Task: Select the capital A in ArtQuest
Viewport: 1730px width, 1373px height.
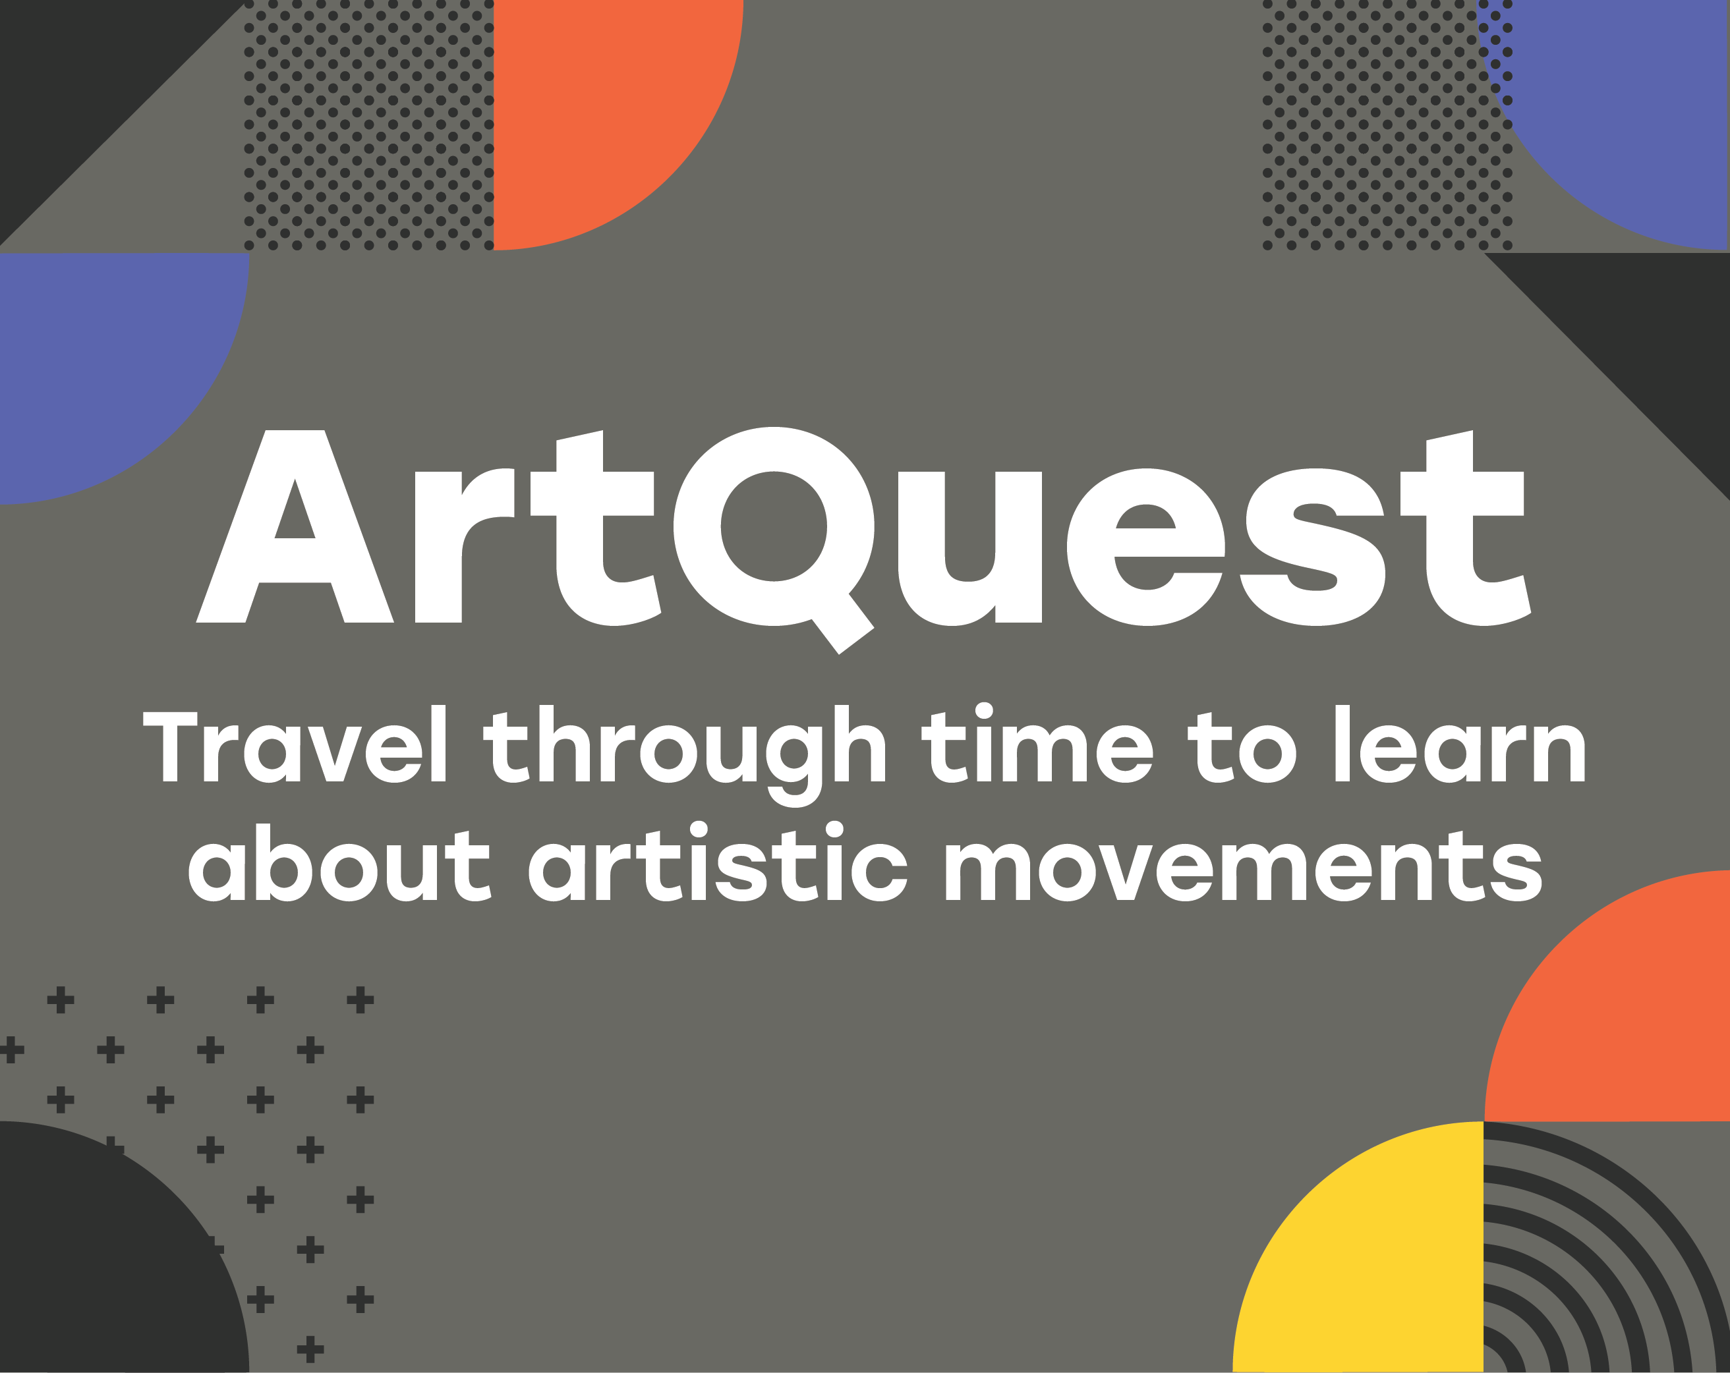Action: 295,526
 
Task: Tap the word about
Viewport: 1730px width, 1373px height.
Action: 339,863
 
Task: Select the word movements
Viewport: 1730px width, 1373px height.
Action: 1244,864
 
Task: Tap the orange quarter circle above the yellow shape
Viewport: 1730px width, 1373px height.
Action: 1629,1019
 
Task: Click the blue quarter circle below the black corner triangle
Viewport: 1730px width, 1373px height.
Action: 104,361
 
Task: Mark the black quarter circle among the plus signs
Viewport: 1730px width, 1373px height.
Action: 104,1267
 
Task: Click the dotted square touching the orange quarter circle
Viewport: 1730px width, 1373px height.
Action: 368,125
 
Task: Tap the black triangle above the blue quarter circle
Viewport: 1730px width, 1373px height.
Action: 80,80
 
